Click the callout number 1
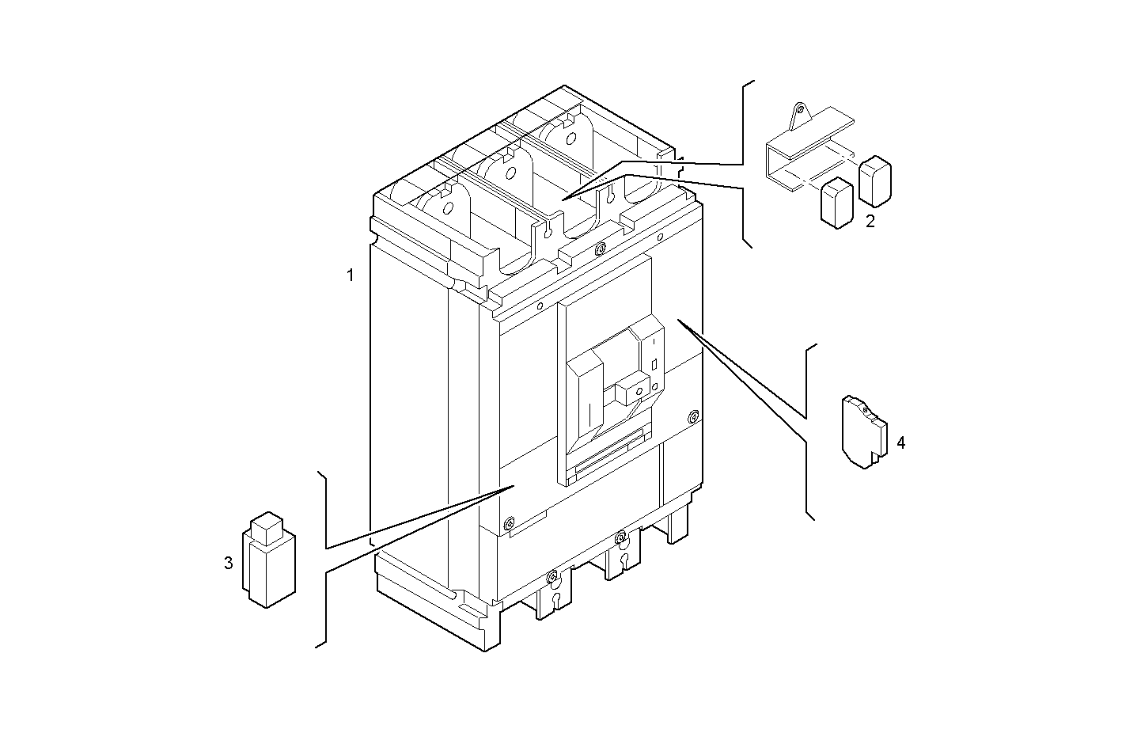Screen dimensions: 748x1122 (x=350, y=275)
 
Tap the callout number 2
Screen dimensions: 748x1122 (x=870, y=221)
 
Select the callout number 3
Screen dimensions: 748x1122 (x=228, y=564)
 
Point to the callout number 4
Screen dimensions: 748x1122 (x=900, y=442)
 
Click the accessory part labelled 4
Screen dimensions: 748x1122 (x=864, y=432)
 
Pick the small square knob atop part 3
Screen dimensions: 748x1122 (x=266, y=527)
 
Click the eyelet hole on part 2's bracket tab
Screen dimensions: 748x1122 (x=799, y=110)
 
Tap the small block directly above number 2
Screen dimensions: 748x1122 (x=875, y=180)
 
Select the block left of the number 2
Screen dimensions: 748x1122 (x=836, y=203)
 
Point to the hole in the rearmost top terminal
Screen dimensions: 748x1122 (x=569, y=137)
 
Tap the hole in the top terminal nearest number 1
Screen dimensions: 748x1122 (x=448, y=209)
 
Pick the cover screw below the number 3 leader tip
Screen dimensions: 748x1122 (x=508, y=522)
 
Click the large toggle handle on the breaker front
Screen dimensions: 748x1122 (x=586, y=396)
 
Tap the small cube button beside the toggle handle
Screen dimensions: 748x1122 (x=634, y=389)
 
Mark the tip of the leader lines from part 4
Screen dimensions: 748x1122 (x=677, y=321)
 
